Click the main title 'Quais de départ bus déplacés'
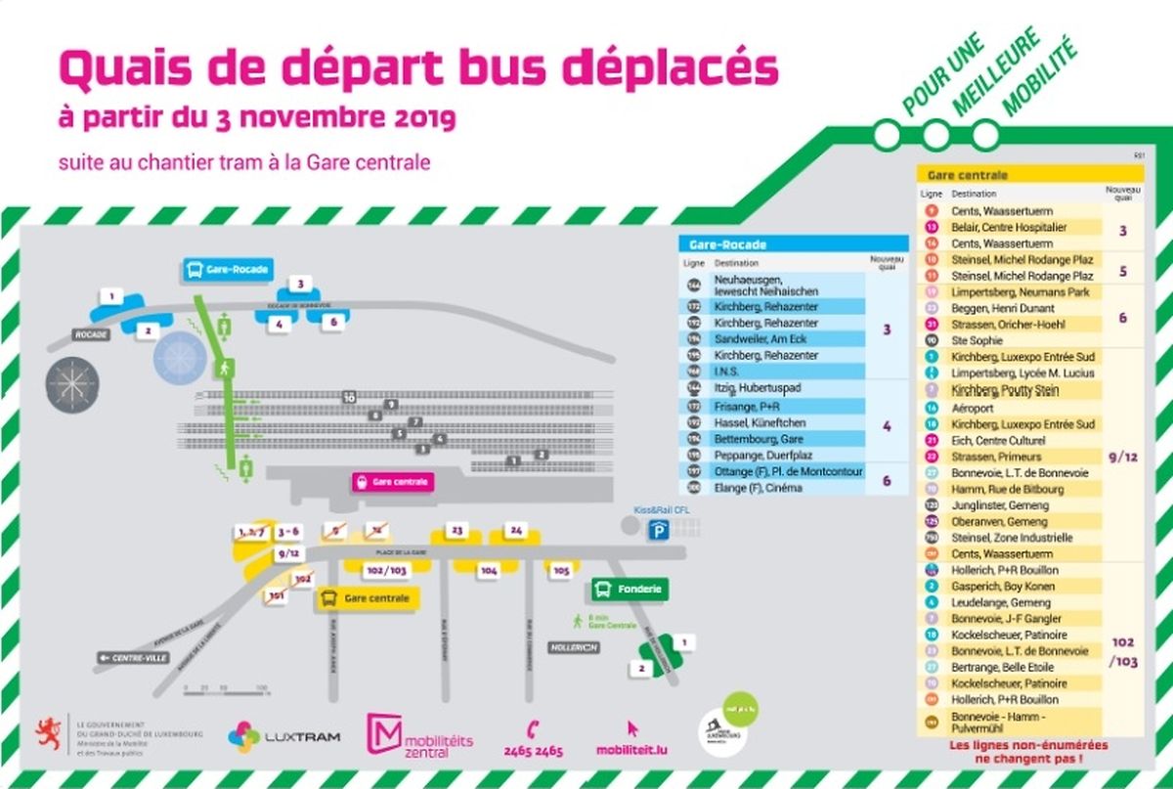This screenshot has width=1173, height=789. click(418, 68)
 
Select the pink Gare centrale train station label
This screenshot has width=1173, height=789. click(392, 482)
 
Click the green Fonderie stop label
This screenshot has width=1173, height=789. click(630, 589)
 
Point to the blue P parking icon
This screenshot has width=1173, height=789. click(662, 529)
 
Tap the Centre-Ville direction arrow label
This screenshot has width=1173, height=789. click(133, 658)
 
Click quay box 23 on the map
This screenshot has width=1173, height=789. click(456, 530)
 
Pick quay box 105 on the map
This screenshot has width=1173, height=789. click(561, 569)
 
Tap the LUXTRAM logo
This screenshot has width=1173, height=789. click(284, 735)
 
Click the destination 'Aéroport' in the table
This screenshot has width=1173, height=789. click(972, 408)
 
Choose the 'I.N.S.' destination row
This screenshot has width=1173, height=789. click(727, 372)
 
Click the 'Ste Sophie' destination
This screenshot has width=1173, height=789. click(977, 340)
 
